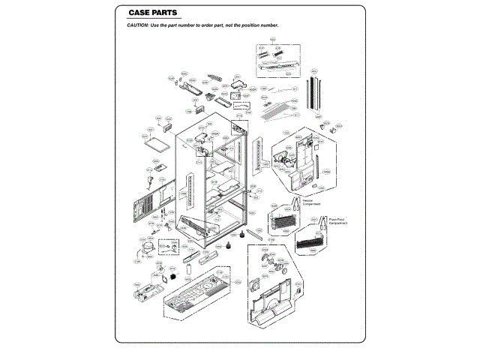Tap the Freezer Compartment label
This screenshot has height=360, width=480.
313,202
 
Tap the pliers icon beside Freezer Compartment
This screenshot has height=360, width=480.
296,204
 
